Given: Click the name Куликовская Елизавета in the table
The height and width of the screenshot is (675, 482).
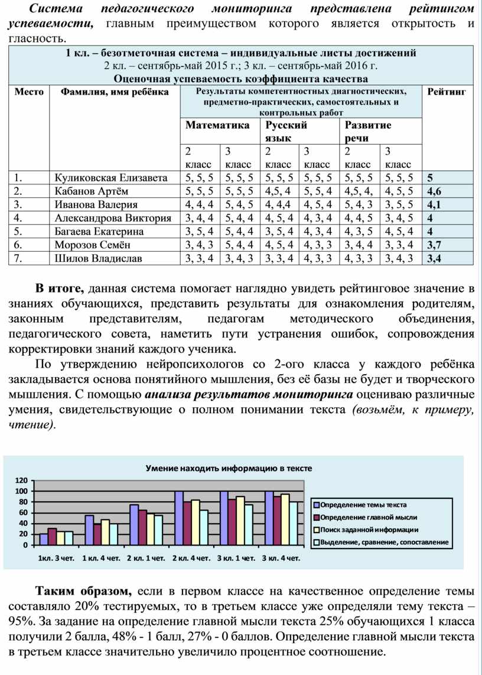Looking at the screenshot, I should click(110, 177).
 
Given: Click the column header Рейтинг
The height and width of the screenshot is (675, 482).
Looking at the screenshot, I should click(447, 92).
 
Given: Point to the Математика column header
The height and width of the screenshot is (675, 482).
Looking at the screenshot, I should click(217, 125).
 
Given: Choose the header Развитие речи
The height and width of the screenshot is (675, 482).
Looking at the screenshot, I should click(367, 131).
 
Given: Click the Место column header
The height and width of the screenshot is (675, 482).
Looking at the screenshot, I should click(29, 92).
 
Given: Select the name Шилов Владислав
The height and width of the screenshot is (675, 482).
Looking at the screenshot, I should click(98, 258).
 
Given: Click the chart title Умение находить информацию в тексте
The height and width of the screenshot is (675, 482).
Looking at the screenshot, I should click(229, 468).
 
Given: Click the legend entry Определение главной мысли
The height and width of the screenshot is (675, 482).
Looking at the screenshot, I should click(369, 517).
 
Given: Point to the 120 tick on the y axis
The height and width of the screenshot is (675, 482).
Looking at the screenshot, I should click(21, 481).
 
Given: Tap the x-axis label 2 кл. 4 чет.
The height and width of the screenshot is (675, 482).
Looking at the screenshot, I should click(191, 557).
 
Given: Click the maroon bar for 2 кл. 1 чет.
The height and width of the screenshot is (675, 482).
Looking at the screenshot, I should click(142, 527).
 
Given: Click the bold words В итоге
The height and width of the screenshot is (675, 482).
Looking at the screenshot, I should click(60, 289).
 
